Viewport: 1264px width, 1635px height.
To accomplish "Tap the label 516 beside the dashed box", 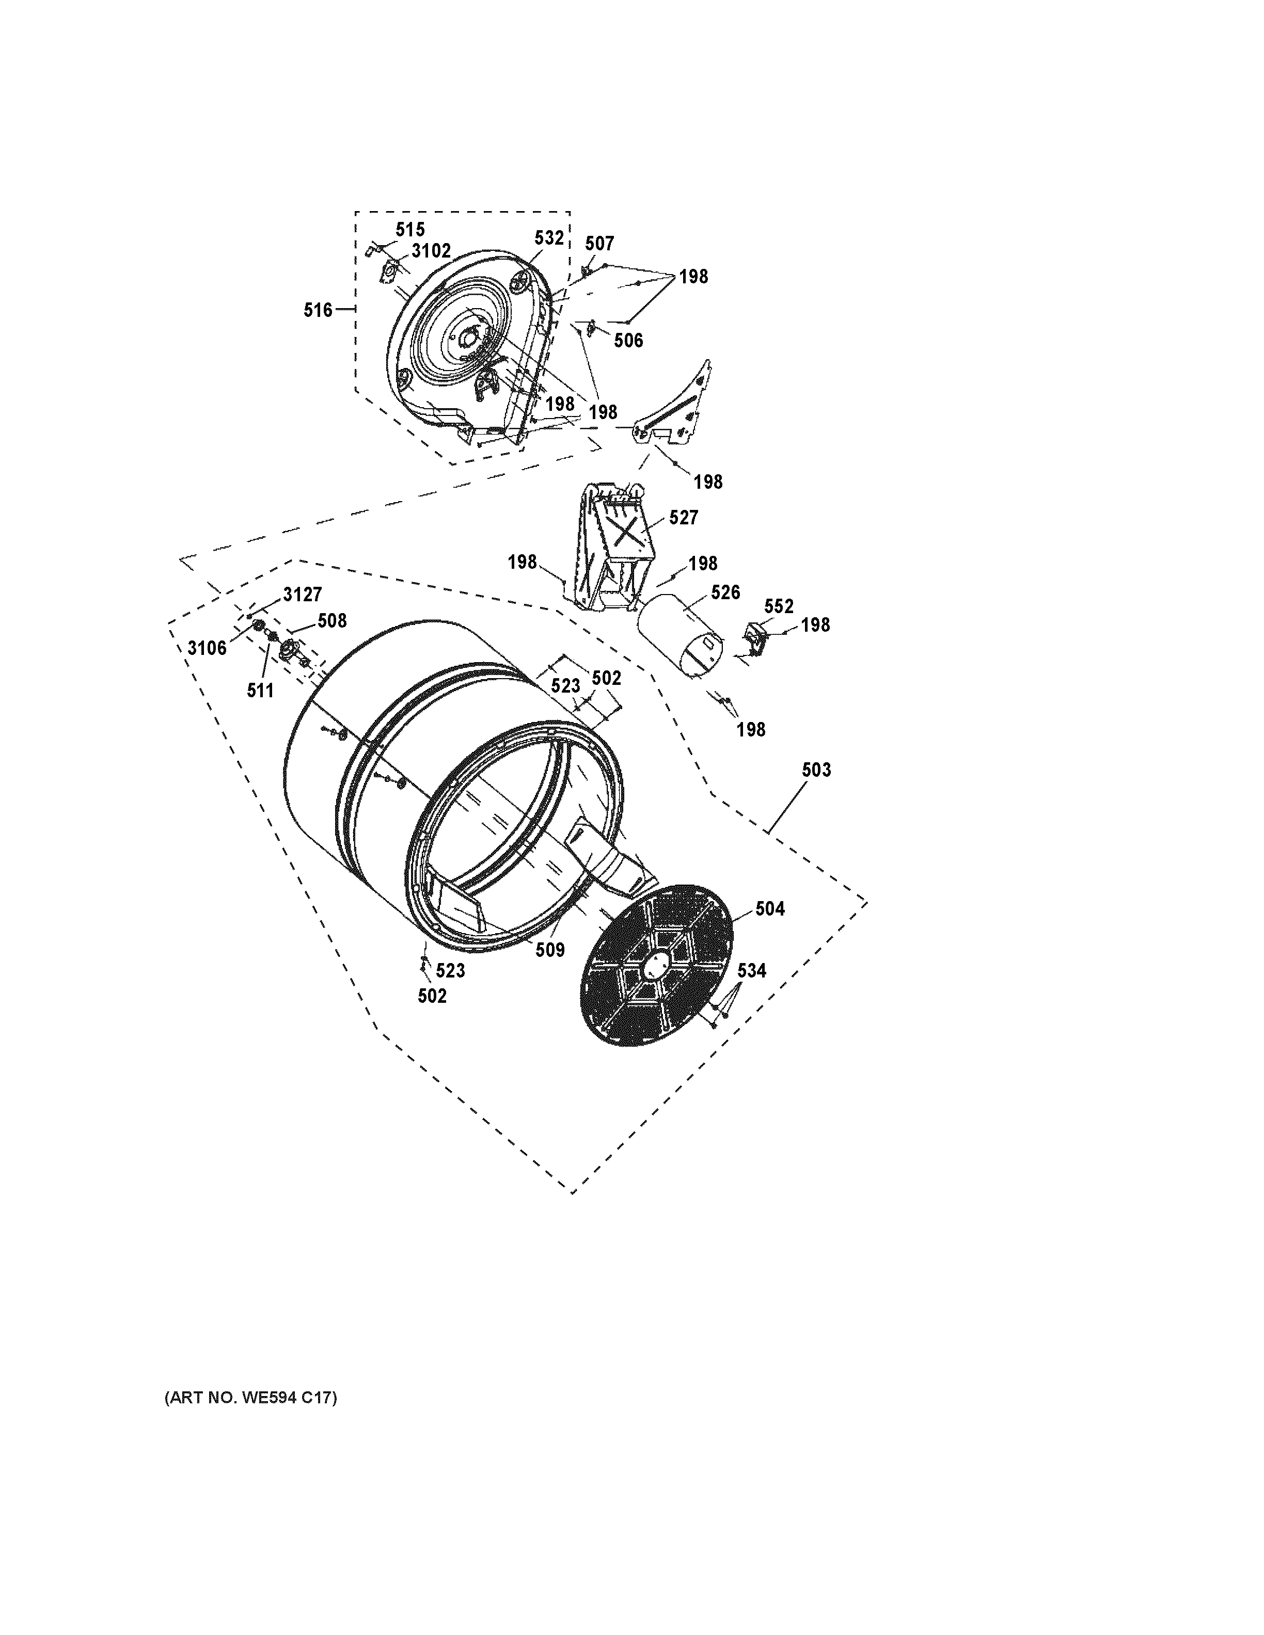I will (318, 310).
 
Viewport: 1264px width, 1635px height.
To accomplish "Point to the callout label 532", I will (549, 238).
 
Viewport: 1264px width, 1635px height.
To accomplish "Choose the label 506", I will (628, 341).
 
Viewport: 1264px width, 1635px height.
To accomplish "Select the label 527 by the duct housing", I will (683, 517).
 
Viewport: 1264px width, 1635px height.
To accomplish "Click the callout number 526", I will (725, 593).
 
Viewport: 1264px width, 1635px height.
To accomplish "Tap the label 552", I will (779, 606).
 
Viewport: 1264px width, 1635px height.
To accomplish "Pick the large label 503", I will (816, 770).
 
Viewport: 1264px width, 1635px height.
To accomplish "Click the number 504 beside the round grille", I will (770, 909).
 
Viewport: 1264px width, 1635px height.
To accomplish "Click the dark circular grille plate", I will (657, 966).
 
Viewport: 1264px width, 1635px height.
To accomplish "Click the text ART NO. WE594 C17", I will (251, 1398).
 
